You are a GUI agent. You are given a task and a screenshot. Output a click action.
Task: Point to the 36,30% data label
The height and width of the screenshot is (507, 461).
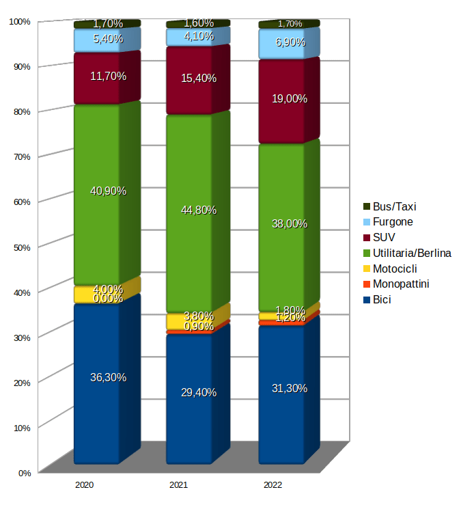(108, 377)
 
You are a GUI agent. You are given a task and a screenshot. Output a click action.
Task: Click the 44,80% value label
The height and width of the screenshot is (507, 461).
(199, 210)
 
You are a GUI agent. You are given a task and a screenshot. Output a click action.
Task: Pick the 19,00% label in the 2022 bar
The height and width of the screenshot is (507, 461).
(290, 98)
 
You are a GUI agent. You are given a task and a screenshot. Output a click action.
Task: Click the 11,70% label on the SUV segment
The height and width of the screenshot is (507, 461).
(108, 77)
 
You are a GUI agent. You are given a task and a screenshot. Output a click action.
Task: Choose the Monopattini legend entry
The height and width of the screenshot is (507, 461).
(401, 284)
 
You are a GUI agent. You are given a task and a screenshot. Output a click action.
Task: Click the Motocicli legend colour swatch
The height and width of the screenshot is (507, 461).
(366, 269)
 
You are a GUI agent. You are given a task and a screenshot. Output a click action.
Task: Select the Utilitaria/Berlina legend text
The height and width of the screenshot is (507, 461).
(412, 253)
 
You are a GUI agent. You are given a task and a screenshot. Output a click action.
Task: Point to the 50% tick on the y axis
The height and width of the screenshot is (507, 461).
(22, 247)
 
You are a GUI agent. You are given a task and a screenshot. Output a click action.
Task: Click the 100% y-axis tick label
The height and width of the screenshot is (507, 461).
(20, 21)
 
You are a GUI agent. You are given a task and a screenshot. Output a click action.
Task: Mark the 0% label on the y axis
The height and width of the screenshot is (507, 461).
(24, 472)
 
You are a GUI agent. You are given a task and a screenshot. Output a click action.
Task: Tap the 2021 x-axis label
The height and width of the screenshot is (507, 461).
(178, 484)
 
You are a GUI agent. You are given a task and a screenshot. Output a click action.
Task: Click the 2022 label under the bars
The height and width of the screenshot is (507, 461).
(273, 484)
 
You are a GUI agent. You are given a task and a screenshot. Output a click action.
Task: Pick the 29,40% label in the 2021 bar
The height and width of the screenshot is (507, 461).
(199, 392)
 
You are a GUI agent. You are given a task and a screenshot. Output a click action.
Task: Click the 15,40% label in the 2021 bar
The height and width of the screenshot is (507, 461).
(199, 78)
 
